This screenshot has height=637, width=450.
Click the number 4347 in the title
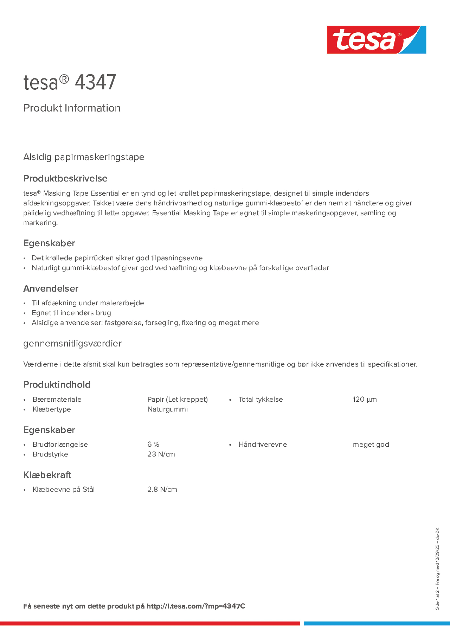pos(95,83)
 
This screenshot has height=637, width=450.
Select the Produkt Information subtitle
pos(72,108)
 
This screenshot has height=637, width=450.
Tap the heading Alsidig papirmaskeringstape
pos(83,157)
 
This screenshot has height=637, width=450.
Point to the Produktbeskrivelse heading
pos(65,178)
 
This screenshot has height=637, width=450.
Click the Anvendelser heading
pos(51,289)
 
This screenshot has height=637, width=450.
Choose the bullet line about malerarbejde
pos(88,303)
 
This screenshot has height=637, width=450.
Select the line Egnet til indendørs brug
pos(71,313)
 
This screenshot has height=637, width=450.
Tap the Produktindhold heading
pos(57,384)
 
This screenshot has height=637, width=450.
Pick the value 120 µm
pos(365,399)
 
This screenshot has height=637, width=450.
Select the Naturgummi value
pos(167,409)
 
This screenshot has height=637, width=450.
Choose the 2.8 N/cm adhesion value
pos(162,489)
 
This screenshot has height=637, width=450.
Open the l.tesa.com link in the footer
pos(196,606)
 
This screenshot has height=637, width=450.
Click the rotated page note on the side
pos(437,569)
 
